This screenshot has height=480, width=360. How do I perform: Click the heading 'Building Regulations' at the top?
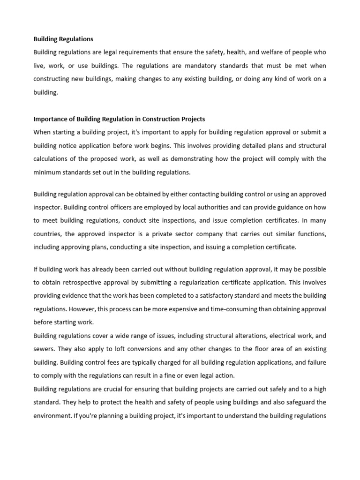pos(63,39)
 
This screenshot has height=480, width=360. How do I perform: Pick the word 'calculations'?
pos(53,159)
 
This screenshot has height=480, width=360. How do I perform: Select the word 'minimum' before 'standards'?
pos(48,172)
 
